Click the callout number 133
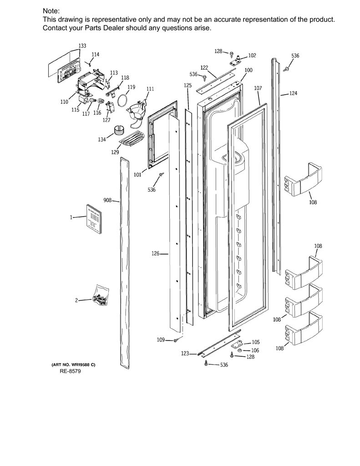tap(82, 46)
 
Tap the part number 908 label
tap(107, 200)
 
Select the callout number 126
tap(156, 253)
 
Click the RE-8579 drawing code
tap(70, 371)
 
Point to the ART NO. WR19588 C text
tap(73, 365)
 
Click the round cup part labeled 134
tap(119, 130)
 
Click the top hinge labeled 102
tap(236, 60)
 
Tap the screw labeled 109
tap(176, 339)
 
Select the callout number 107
tap(258, 88)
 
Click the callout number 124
tap(293, 93)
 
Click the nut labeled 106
tap(239, 350)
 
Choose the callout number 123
tap(185, 353)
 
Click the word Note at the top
tap(51, 11)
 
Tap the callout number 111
tap(151, 89)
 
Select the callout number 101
tap(137, 175)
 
